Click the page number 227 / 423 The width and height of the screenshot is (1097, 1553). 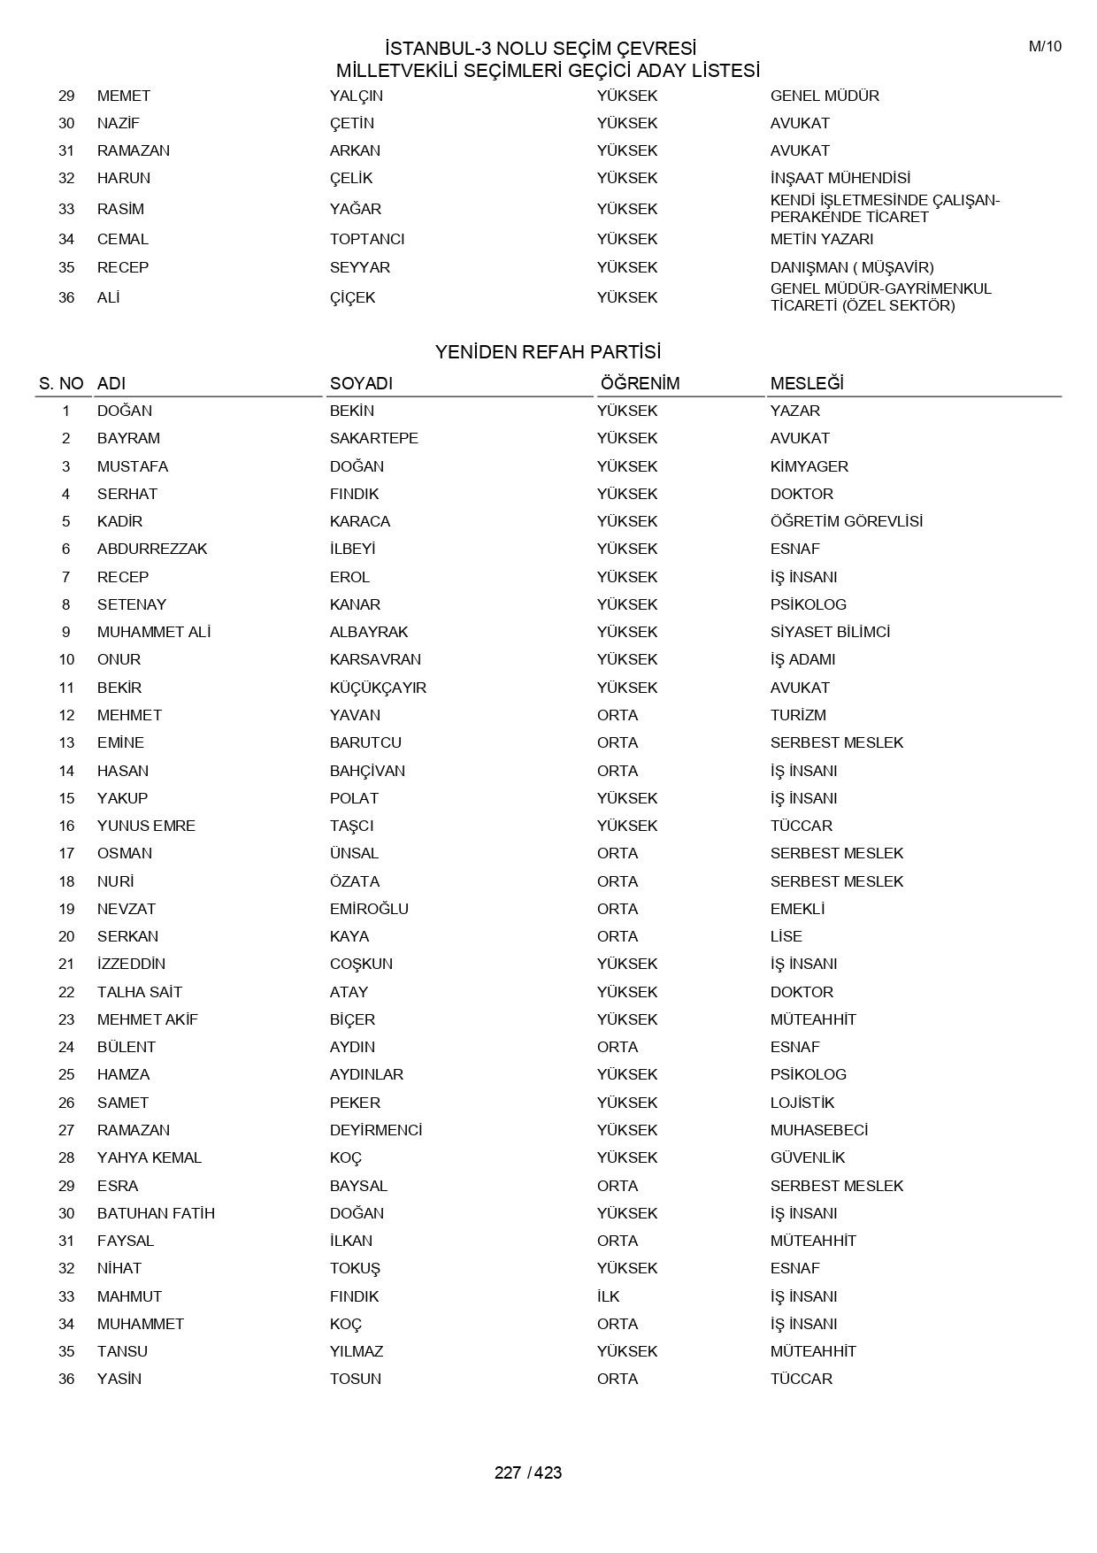(x=528, y=1472)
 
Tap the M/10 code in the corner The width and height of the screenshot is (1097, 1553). (x=1045, y=47)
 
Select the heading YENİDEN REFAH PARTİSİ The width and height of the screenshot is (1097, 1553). (x=548, y=352)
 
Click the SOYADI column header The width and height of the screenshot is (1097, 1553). (x=361, y=383)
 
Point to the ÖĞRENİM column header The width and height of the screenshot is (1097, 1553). (x=640, y=383)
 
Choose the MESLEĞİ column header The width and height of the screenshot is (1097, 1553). (x=807, y=383)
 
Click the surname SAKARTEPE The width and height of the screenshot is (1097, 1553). (x=373, y=438)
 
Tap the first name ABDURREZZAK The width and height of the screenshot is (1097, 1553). (x=152, y=549)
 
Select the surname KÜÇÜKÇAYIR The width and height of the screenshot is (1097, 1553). (x=378, y=688)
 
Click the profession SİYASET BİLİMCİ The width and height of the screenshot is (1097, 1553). (x=830, y=632)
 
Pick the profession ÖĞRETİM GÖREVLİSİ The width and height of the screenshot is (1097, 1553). (x=846, y=521)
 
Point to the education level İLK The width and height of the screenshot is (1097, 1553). (x=608, y=1296)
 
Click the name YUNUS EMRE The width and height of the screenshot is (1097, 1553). (x=146, y=826)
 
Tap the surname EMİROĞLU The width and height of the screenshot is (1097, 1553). (x=369, y=909)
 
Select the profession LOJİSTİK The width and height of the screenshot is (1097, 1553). (x=802, y=1103)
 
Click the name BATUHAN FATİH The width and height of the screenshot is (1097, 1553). (x=156, y=1213)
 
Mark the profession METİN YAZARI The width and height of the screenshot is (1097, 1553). (x=821, y=239)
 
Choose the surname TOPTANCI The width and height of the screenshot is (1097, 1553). (x=367, y=239)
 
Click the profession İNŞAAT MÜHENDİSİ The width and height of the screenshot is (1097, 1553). (x=840, y=178)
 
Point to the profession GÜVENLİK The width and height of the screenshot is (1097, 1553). (x=808, y=1157)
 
